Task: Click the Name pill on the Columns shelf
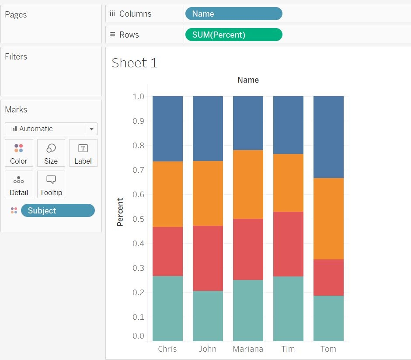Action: tap(233, 14)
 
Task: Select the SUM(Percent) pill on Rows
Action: tap(233, 35)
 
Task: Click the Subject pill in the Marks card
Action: tap(57, 210)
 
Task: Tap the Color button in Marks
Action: tap(19, 153)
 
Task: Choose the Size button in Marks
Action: tap(51, 153)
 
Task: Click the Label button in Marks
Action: tap(83, 153)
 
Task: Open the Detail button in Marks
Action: tap(19, 185)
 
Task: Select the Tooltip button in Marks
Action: tap(51, 185)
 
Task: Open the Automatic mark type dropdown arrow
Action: tap(91, 129)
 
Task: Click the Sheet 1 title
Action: tap(134, 63)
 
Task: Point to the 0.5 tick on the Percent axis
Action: tap(139, 219)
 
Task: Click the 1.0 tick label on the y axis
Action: tap(139, 96)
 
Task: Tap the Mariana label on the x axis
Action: tap(248, 349)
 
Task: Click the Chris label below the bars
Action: tap(167, 349)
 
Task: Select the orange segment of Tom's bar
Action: tap(328, 218)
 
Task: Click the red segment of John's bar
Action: tap(208, 258)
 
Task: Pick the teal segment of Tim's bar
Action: tap(288, 308)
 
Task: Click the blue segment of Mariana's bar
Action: tap(248, 123)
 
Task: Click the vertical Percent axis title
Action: tap(120, 212)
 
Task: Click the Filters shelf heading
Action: tap(16, 56)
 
